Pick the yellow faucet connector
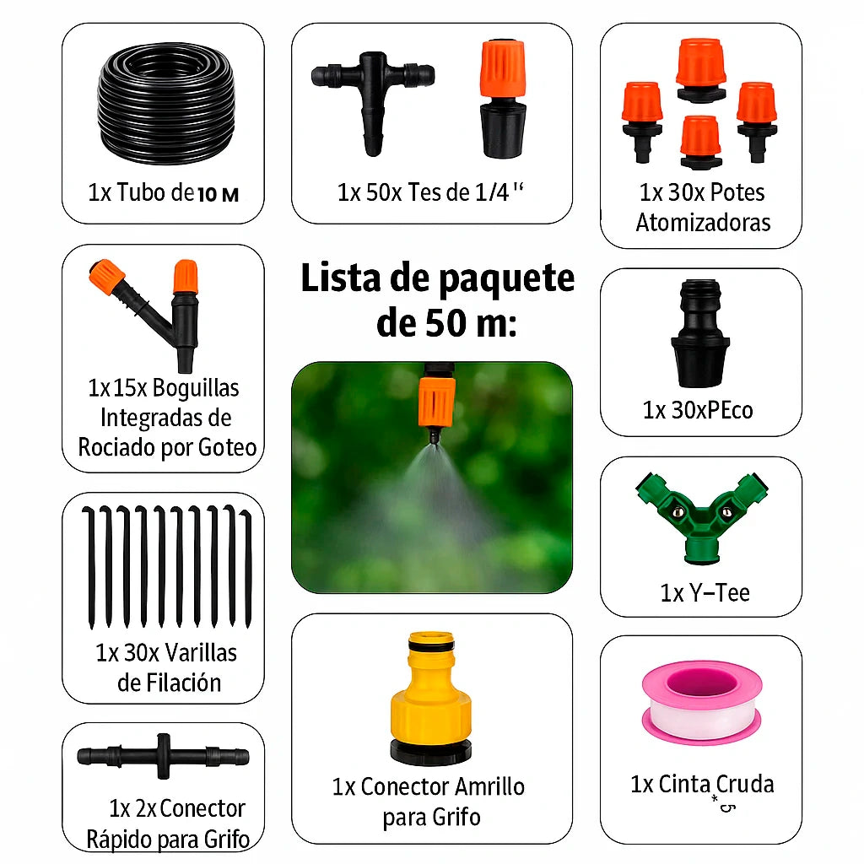click(431, 698)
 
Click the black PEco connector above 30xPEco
click(699, 332)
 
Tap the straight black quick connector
click(163, 756)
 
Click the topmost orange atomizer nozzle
click(701, 70)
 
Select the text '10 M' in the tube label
click(219, 195)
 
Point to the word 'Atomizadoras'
click(703, 222)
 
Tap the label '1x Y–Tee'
click(705, 593)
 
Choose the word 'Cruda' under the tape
click(745, 784)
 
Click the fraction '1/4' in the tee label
click(492, 192)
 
